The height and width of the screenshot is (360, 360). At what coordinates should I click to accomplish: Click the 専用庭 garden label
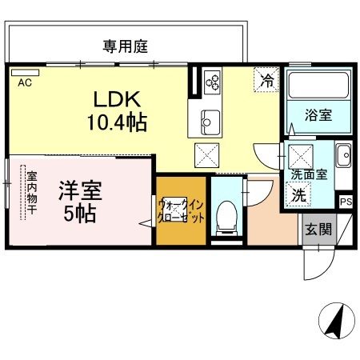point(126,46)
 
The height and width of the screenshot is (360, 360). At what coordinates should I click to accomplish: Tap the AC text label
point(24,82)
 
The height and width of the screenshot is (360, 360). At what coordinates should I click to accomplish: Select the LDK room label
point(118,102)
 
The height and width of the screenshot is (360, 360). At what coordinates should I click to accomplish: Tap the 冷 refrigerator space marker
point(266,79)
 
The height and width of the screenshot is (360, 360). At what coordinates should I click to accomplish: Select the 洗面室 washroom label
point(307,174)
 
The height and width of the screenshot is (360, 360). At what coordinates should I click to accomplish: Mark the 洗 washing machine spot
point(298,194)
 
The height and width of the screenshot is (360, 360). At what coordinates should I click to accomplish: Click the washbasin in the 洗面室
point(342,154)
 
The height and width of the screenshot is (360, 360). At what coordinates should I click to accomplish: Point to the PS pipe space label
point(346,202)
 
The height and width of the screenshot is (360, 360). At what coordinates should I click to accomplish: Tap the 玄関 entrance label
point(318,230)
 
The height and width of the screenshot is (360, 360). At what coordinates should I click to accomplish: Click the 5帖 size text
point(80,214)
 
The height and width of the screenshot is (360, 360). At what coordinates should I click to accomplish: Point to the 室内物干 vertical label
point(31,192)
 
